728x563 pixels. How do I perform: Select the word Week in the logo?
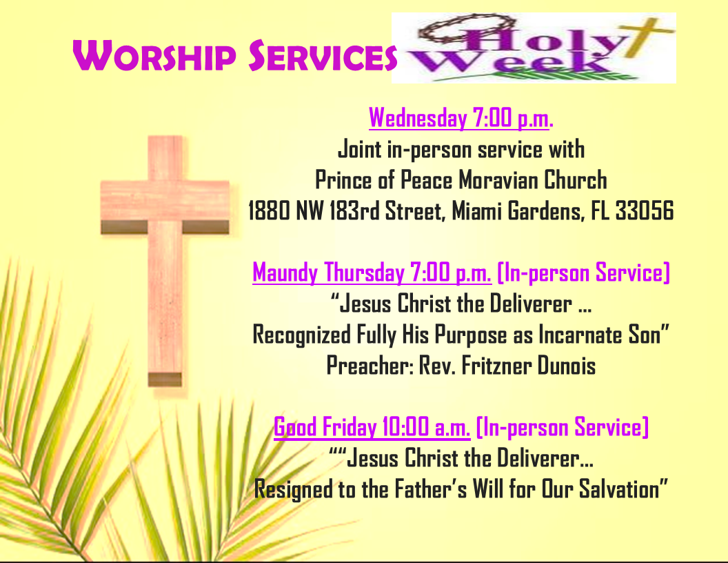click(510, 63)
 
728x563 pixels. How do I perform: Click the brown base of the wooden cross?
click(165, 379)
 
